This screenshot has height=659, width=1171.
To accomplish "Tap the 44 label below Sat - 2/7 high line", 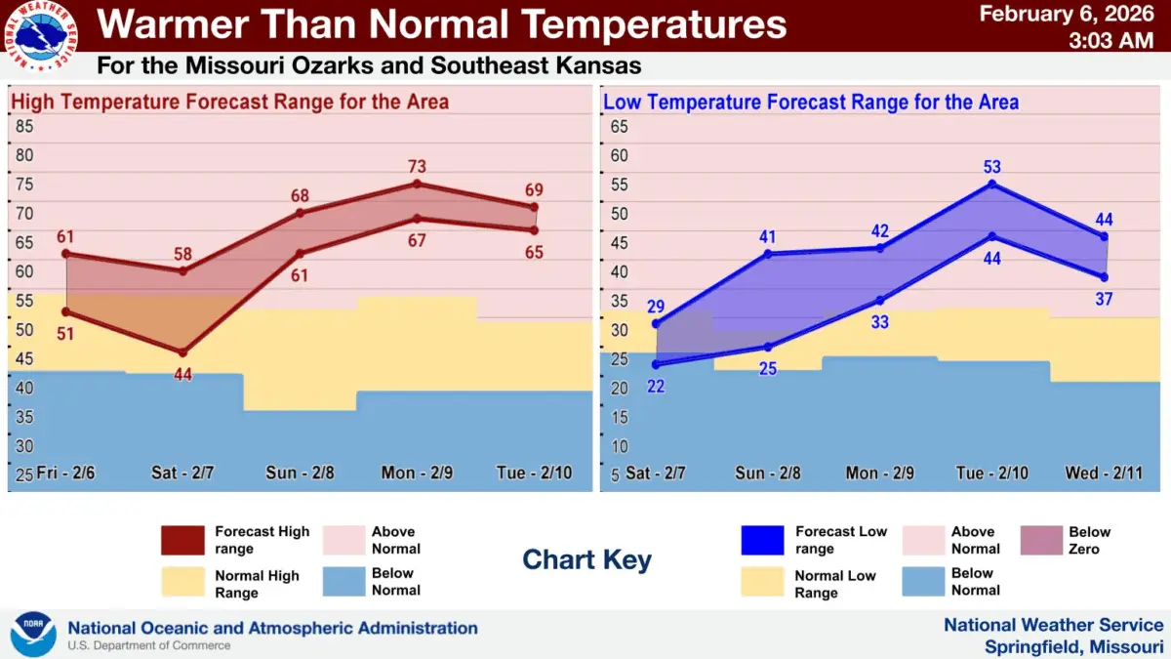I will [182, 373].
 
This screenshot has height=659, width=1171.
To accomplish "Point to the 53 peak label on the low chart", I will [992, 167].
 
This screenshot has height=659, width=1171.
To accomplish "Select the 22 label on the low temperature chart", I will [656, 386].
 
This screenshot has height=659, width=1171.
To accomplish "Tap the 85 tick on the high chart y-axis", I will [24, 126].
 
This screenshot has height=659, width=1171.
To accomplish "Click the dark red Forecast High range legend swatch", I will [182, 540].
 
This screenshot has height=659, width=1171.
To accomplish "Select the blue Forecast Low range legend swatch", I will [762, 540].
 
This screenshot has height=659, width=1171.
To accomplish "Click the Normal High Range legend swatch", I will [182, 583].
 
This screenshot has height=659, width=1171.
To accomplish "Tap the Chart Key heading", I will [586, 559].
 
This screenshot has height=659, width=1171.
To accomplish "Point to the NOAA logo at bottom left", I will [33, 635].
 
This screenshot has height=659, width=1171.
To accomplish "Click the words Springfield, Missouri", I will [1073, 646].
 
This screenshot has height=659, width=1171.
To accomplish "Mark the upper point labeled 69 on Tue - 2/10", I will [534, 207].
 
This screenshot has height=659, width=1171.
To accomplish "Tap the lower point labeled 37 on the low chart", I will [1105, 276].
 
